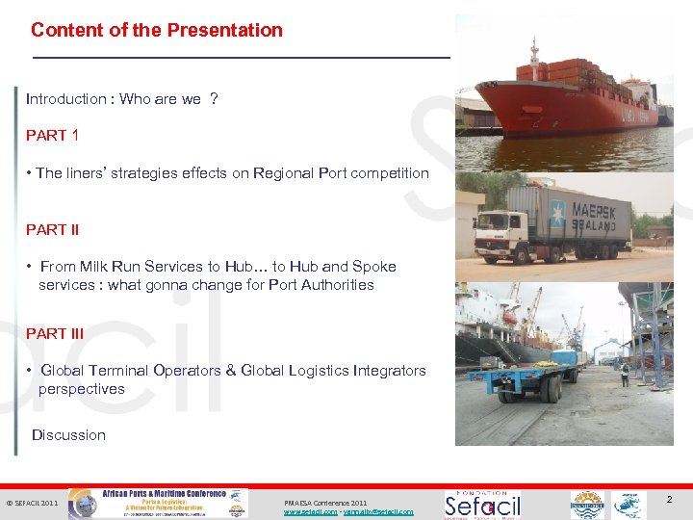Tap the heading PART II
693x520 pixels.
(x=53, y=230)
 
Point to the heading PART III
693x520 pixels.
(x=55, y=334)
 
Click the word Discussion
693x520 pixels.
(x=68, y=435)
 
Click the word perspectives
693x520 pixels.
(x=82, y=389)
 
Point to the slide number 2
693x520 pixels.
(x=669, y=499)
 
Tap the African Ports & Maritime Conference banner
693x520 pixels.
(x=163, y=503)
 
